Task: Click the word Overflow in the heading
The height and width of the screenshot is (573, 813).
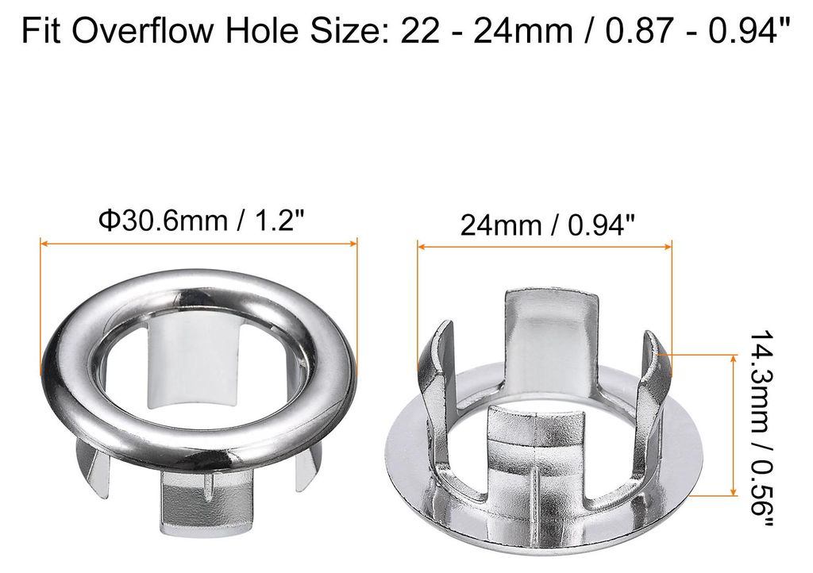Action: (x=142, y=30)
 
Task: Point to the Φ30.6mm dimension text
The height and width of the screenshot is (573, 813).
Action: (x=163, y=221)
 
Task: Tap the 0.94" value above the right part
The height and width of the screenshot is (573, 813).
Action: (x=602, y=225)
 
